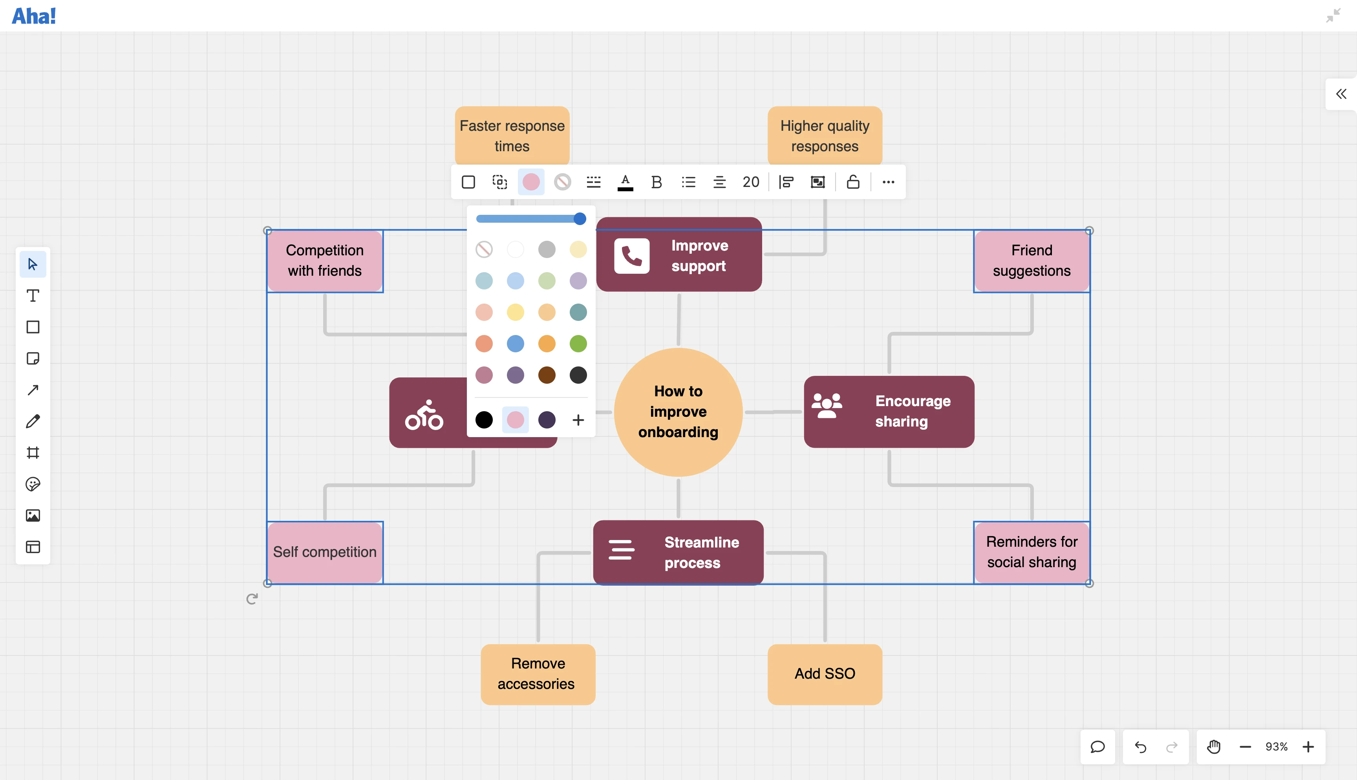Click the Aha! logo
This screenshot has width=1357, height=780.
[34, 16]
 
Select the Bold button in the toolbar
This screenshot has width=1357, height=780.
[657, 182]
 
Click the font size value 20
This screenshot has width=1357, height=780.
[751, 182]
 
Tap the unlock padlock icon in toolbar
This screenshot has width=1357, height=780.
[853, 182]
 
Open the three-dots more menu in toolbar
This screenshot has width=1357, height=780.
[889, 182]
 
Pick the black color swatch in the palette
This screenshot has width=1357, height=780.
[484, 420]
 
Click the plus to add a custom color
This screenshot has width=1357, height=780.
[578, 420]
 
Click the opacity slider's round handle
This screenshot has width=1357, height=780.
[580, 219]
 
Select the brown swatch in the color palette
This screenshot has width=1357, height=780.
[547, 375]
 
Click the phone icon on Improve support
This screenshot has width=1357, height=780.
[632, 256]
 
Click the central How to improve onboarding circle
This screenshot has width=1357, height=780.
[678, 412]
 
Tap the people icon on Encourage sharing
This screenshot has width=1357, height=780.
[827, 406]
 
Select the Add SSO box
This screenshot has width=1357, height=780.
[825, 674]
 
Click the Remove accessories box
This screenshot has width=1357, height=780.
[538, 674]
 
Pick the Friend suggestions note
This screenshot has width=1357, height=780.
[1031, 261]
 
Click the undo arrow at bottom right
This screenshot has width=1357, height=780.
[1140, 747]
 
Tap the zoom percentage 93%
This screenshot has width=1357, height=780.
[1277, 747]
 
